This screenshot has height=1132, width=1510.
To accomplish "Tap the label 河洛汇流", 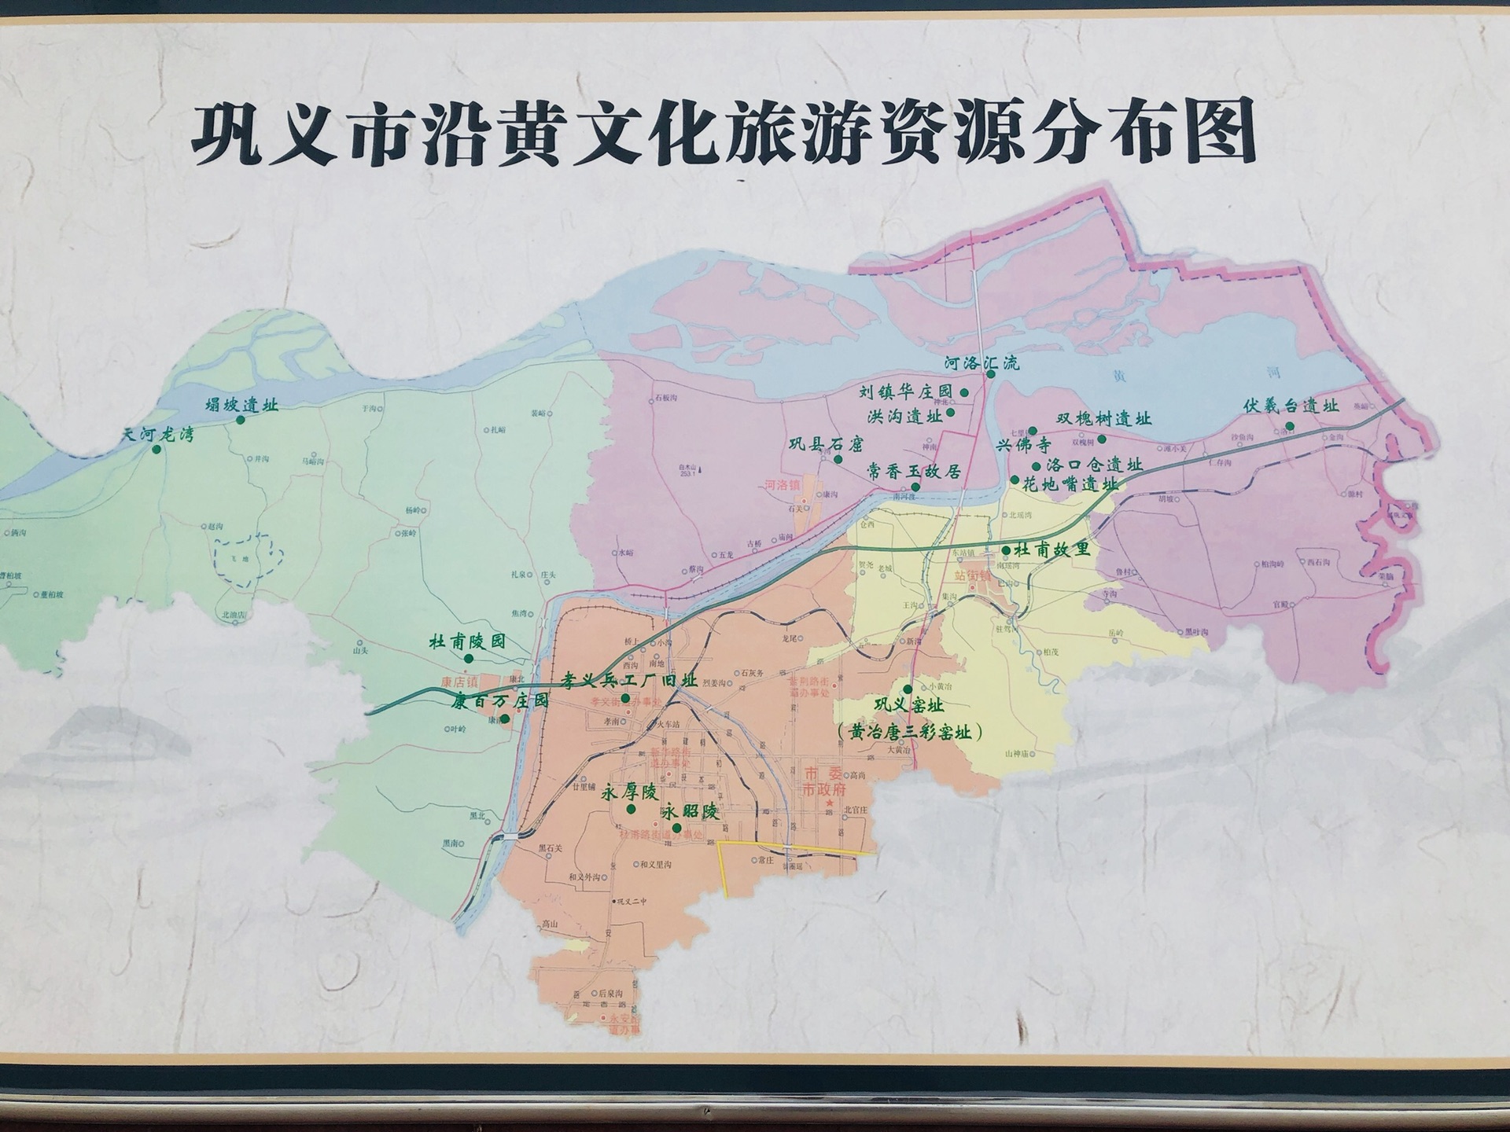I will [981, 362].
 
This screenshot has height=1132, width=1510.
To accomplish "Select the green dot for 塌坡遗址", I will [241, 420].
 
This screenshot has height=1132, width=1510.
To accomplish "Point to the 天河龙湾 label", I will [157, 435].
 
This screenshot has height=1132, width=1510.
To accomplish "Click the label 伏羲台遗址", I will [1291, 406].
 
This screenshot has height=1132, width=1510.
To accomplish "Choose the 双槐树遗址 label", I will [1103, 419].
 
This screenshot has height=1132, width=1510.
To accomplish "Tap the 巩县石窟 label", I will [826, 444].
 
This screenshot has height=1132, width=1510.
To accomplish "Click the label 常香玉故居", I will [914, 472].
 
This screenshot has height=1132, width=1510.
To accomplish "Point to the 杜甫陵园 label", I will [467, 641].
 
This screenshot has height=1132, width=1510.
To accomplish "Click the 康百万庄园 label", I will [499, 700].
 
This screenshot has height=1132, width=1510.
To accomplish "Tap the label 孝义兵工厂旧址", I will [629, 680].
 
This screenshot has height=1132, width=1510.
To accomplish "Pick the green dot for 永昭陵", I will [676, 828].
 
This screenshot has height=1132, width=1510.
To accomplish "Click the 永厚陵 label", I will [628, 792].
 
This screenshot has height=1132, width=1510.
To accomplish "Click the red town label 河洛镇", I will [782, 485].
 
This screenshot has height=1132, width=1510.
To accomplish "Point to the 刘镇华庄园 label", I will [905, 391].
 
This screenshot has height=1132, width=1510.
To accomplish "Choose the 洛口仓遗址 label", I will [1094, 465].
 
